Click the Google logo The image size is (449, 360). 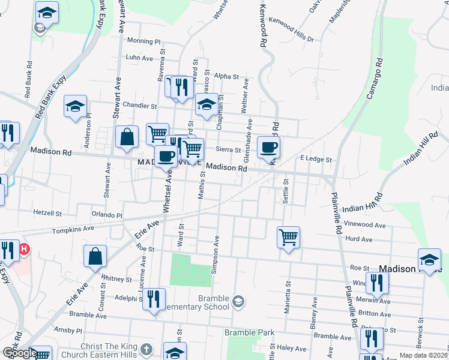[x=20, y=353]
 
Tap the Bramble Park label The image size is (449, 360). [x=249, y=332]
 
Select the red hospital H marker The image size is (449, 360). [x=24, y=248]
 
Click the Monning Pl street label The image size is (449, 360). [x=144, y=42]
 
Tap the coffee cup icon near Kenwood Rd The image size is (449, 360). [x=268, y=146]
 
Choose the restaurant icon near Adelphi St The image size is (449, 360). [x=154, y=298]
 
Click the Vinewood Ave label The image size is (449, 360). [x=381, y=225]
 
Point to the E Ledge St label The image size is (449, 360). [x=316, y=160]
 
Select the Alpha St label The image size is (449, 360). [x=226, y=77]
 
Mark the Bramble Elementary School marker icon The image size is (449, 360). [x=239, y=301]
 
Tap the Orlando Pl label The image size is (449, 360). [x=107, y=214]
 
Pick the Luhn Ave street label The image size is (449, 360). [x=139, y=58]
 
